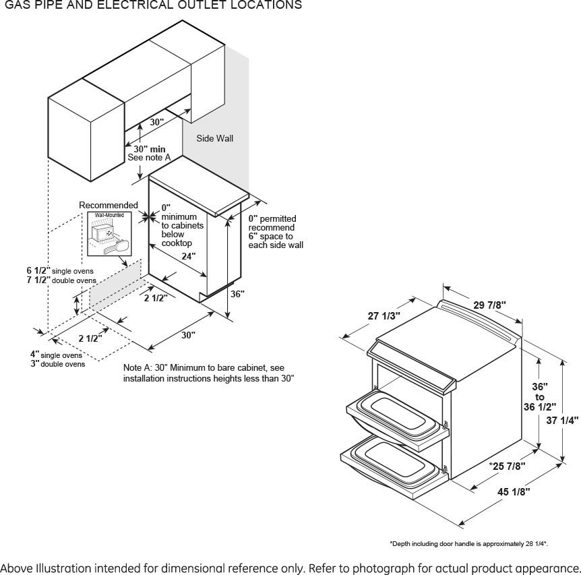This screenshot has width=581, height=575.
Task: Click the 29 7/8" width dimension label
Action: click(489, 305)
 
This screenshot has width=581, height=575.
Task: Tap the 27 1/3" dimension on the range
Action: click(384, 315)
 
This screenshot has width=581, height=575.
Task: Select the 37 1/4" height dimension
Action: click(561, 420)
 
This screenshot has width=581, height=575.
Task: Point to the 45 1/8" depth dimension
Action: click(514, 491)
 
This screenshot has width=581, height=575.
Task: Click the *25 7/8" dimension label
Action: click(507, 466)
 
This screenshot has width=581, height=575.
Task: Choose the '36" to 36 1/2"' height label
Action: click(540, 397)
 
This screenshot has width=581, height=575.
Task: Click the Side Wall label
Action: click(214, 138)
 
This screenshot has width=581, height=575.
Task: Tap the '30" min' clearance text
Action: click(150, 148)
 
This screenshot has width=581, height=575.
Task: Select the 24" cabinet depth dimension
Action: click(189, 256)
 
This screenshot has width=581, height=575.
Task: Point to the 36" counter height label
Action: click(237, 294)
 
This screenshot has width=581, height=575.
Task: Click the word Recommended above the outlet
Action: click(109, 205)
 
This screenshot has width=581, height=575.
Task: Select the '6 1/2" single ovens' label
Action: click(60, 270)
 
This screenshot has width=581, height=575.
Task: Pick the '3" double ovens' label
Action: click(57, 364)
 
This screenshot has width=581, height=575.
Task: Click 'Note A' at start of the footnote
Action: click(138, 368)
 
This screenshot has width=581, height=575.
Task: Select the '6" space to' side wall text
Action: click(270, 236)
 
